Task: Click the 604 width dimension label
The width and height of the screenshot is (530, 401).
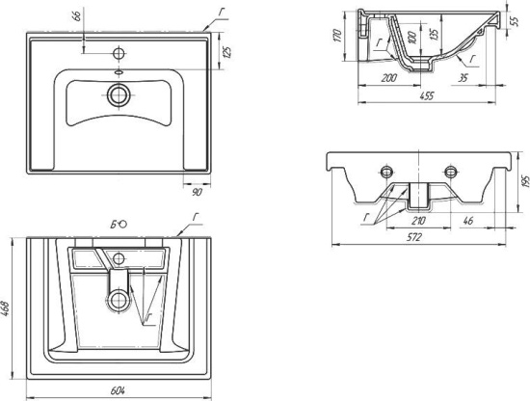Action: [x=118, y=390]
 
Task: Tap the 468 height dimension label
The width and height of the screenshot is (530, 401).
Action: [x=6, y=309]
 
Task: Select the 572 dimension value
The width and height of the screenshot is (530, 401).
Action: [x=414, y=238]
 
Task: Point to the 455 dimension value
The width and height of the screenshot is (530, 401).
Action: [x=426, y=96]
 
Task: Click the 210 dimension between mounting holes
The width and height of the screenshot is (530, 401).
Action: [x=418, y=221]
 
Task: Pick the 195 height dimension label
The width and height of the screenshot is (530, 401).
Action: [x=525, y=182]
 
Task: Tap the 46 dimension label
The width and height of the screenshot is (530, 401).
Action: [x=467, y=221]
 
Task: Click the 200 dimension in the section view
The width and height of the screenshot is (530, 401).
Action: [x=389, y=78]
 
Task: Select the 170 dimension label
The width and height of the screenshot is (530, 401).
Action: [x=337, y=36]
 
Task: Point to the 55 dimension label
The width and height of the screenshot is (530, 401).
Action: [x=514, y=21]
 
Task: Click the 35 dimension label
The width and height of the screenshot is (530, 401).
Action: [x=463, y=78]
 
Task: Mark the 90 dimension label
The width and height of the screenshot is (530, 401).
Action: [x=197, y=193]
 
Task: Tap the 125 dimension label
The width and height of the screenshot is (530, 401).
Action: [x=227, y=52]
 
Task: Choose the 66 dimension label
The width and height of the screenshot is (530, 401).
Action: [x=77, y=16]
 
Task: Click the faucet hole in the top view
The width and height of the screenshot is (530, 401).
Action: [x=119, y=53]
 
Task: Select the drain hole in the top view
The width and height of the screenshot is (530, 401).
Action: [x=119, y=95]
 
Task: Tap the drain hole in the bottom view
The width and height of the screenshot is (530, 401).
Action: [x=119, y=300]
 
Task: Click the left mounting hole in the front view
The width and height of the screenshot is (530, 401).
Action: [x=386, y=172]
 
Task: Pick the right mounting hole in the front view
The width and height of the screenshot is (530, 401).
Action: [x=450, y=172]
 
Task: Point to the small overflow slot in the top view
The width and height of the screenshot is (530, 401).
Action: [x=119, y=71]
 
